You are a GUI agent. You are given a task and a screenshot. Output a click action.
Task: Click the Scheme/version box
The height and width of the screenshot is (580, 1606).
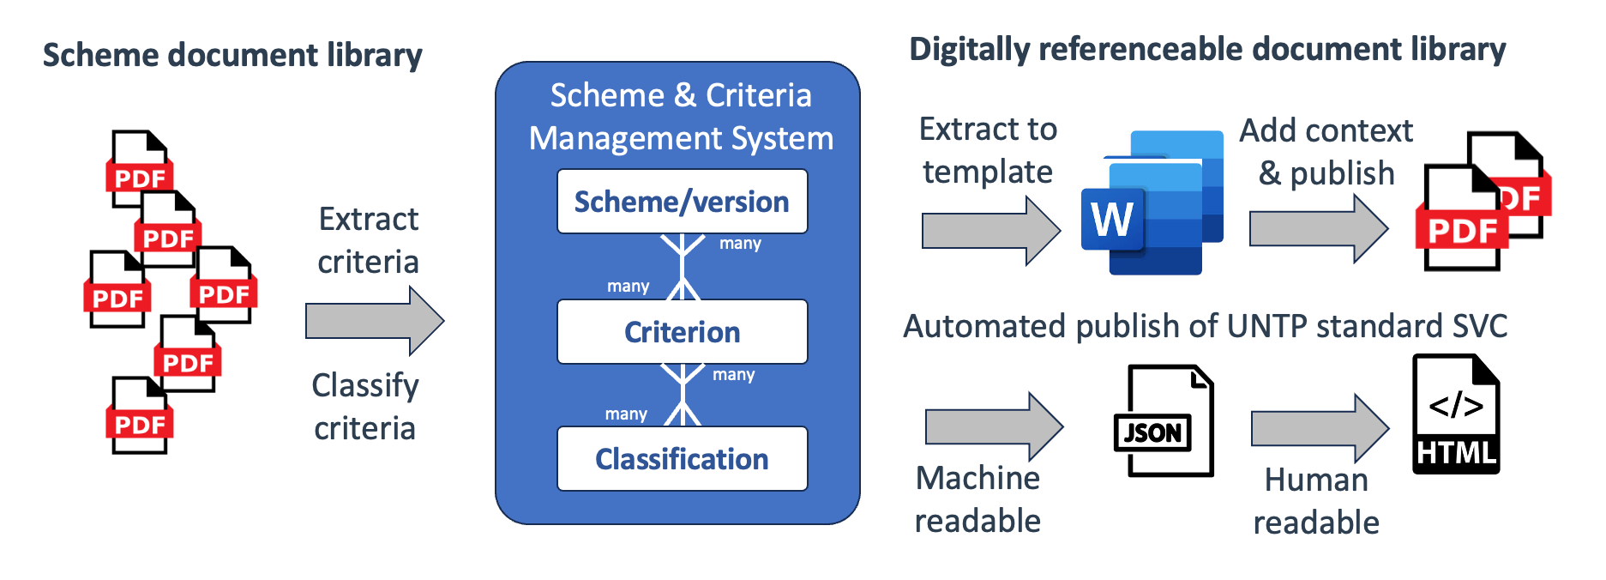point(682,202)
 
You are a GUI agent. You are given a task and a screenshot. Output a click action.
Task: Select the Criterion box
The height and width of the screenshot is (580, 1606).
point(682,332)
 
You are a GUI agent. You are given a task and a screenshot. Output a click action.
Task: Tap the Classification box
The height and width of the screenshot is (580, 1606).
point(682,459)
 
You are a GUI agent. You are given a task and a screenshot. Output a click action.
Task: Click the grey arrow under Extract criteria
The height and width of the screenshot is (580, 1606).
point(374,322)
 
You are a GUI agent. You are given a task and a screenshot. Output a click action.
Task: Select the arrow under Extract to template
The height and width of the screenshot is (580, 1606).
point(990,231)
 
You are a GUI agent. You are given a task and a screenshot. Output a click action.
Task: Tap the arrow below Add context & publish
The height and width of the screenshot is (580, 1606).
point(1318,229)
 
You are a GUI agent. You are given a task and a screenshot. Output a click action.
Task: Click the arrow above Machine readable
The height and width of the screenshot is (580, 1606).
point(994,426)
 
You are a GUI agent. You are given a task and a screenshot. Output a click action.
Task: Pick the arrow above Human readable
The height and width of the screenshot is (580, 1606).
point(1319,428)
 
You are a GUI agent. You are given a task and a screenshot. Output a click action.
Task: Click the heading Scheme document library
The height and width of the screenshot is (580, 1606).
point(232,55)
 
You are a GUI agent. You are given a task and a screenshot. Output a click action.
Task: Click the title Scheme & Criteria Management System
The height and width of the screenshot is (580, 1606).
point(681,117)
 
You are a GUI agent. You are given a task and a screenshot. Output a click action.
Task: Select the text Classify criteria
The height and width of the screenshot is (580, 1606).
point(365,407)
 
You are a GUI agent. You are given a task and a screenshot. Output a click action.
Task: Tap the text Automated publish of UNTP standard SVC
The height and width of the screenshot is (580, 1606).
point(1205,326)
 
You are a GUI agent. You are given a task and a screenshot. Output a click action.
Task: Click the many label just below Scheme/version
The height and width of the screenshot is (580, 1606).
point(740,244)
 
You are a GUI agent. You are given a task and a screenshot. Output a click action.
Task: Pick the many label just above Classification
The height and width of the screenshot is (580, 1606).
point(626,414)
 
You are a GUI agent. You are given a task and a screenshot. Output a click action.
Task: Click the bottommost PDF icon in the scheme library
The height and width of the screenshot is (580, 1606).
point(140,416)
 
